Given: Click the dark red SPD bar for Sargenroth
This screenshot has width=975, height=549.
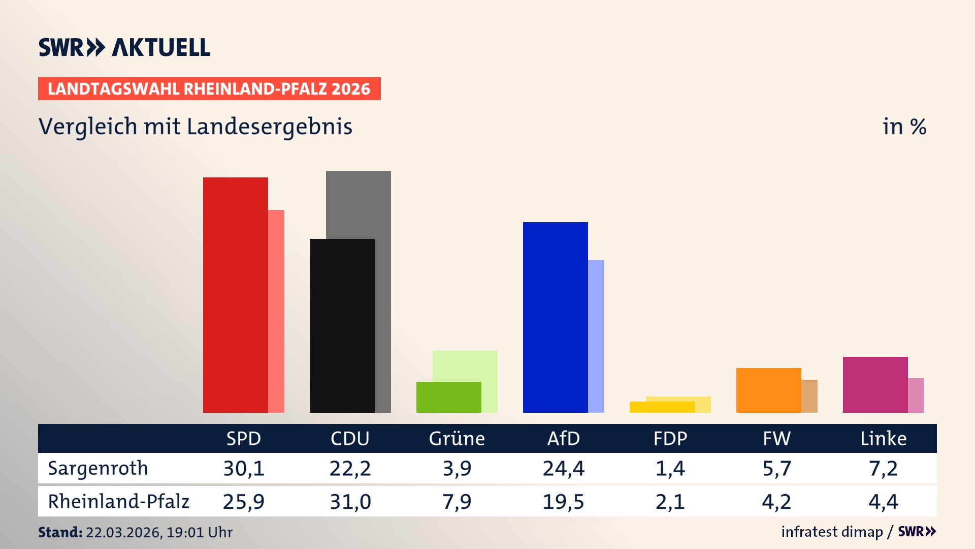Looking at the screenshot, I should [235, 295].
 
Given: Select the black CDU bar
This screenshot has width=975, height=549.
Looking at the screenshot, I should [342, 325].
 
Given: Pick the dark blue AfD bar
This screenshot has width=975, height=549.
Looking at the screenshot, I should [555, 317].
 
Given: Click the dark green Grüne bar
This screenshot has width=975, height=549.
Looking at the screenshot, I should [448, 397].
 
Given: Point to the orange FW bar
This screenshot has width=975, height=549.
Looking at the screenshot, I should [768, 390].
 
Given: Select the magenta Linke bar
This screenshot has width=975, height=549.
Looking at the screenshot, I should [875, 384].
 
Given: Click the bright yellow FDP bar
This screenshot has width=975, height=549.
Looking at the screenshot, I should [662, 407].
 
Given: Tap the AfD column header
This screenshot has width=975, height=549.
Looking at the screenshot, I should [563, 438].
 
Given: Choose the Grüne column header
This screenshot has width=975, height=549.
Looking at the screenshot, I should [457, 438].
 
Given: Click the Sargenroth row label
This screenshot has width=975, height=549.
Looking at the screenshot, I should [97, 468].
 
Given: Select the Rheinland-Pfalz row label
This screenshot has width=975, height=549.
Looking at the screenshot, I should [118, 501].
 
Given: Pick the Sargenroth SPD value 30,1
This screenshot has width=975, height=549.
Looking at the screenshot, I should [244, 468].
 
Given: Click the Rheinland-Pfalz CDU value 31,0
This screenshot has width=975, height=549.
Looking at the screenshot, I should [350, 502].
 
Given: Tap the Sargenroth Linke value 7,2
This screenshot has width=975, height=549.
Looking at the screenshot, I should [883, 468].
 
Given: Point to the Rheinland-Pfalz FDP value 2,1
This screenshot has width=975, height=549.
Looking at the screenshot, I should [670, 502].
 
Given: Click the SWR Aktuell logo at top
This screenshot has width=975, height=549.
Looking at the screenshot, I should [124, 47].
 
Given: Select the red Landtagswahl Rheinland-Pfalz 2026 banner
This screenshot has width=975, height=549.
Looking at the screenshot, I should [209, 89].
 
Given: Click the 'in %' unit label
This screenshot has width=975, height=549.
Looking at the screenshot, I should [904, 127].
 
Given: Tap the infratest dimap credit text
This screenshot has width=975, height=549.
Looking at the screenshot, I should [832, 532].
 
